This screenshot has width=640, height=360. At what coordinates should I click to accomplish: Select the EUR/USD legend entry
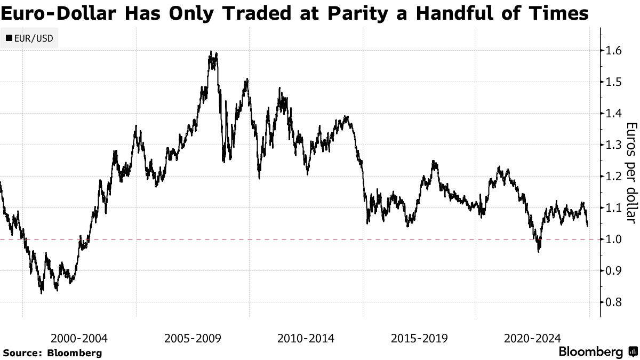coord(29,38)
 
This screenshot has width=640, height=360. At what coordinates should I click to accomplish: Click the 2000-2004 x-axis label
coord(79,338)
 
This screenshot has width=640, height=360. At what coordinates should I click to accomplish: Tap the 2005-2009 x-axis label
coord(193,338)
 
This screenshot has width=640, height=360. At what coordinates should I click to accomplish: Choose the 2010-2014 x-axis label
coord(306,338)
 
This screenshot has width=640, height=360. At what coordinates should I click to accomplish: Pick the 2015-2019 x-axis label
coord(419,338)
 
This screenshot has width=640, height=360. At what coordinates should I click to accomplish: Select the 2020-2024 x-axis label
coord(532,338)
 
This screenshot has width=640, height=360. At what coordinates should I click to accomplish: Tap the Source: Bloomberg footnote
coord(52,353)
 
